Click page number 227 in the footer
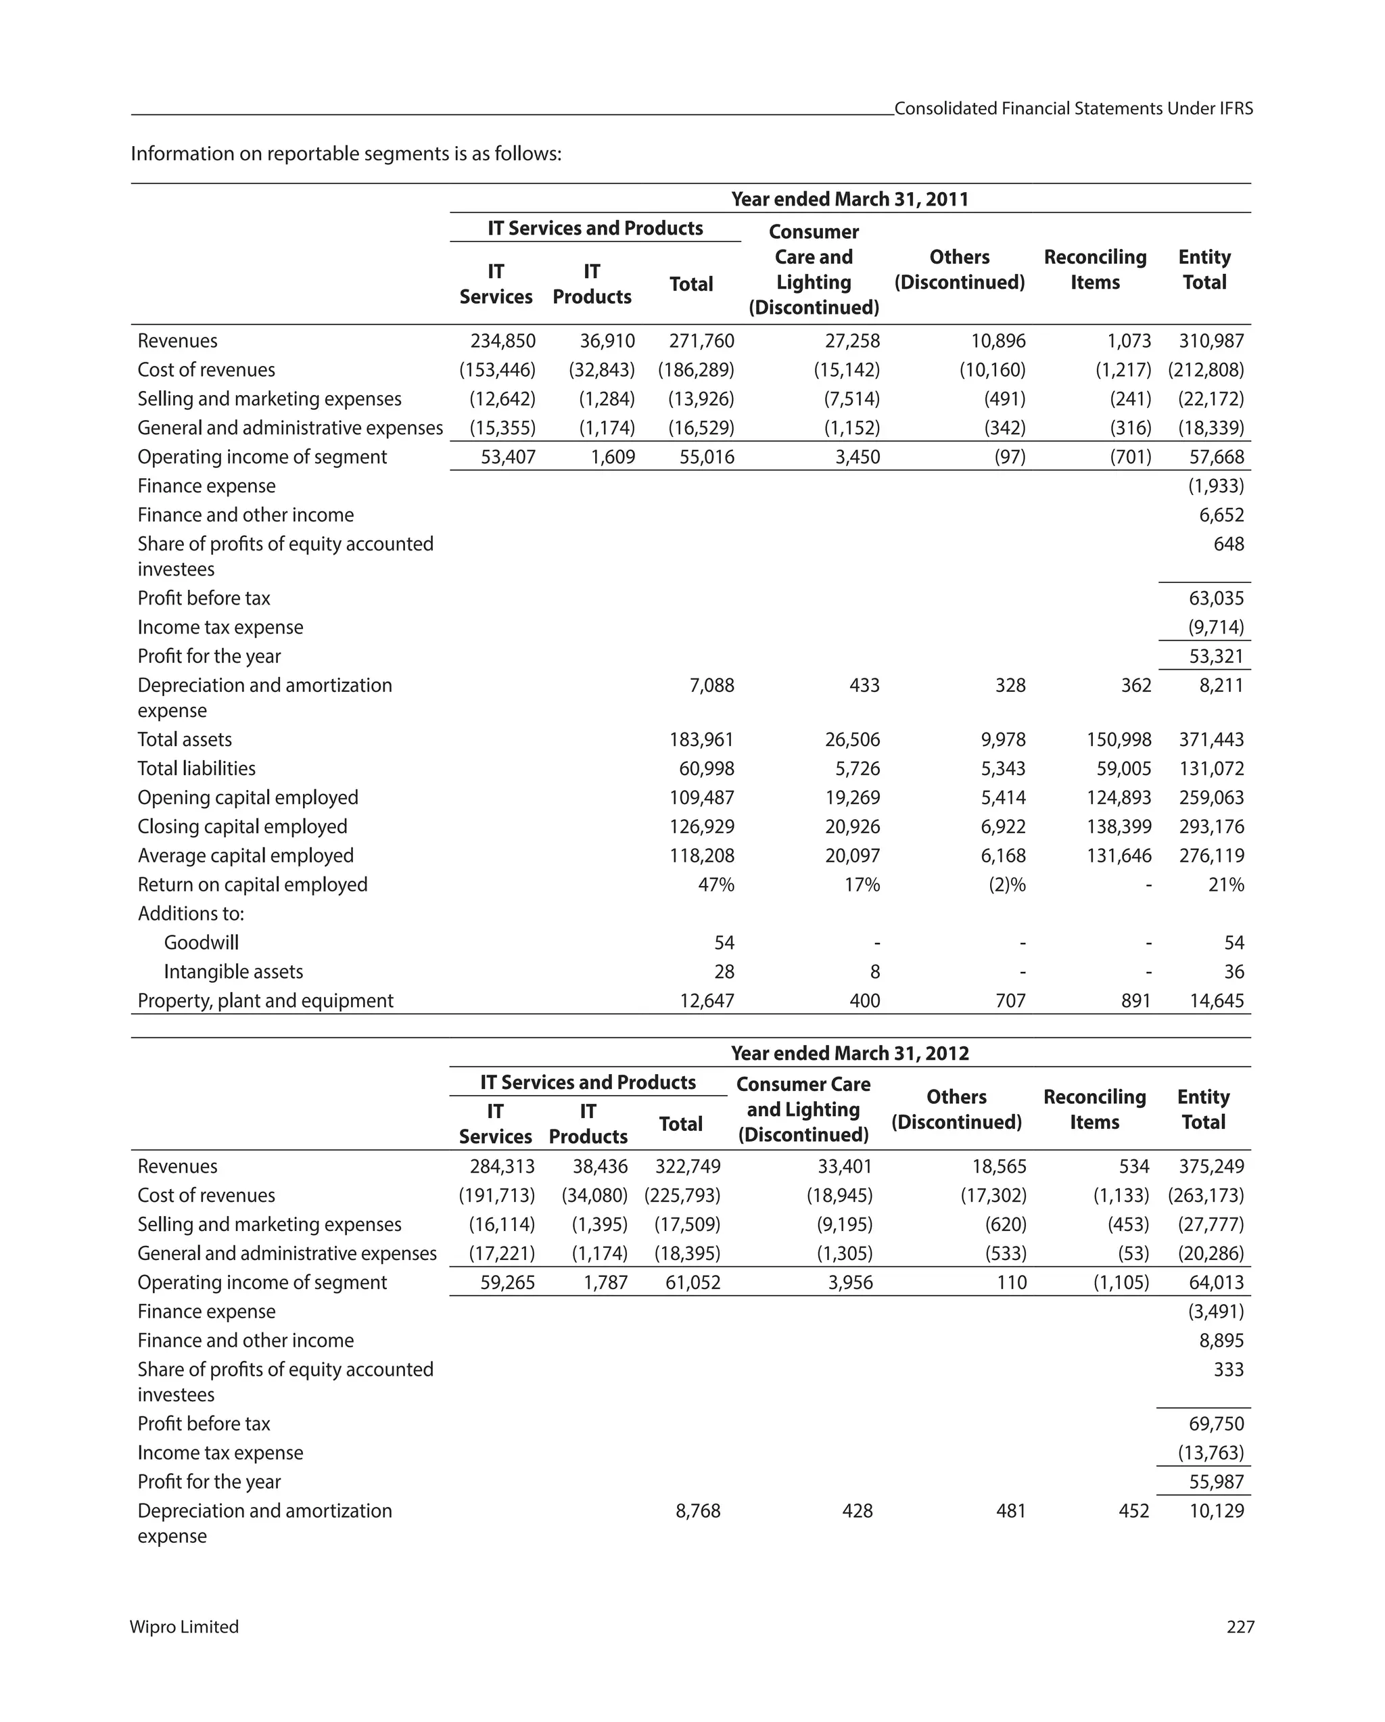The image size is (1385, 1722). [x=1240, y=1627]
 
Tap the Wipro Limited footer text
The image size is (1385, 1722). [x=185, y=1627]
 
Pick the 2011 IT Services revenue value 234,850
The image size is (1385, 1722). [x=502, y=341]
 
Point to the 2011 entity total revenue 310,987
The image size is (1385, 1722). [x=1211, y=341]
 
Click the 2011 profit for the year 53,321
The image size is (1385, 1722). [x=1216, y=657]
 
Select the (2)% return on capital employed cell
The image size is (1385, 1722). [x=1006, y=885]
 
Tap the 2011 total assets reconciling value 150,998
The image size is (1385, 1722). [x=1119, y=740]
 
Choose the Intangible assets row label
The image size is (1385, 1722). [x=233, y=972]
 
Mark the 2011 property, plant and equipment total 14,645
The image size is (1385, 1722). [x=1216, y=1001]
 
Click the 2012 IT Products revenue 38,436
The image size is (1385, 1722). [x=600, y=1166]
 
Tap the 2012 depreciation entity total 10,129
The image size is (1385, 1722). [x=1216, y=1510]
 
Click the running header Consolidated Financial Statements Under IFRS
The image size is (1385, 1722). [x=1073, y=109]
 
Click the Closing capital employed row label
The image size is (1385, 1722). [x=242, y=827]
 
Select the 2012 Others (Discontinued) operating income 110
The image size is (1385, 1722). [x=1011, y=1283]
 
